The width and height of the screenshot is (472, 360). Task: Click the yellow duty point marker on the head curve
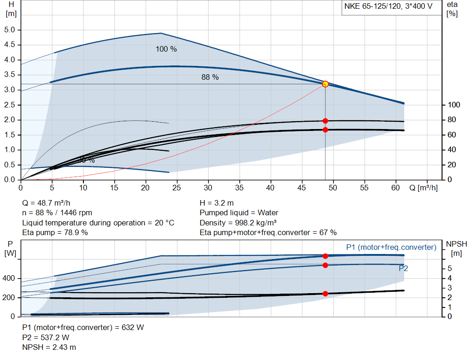coord(325,84)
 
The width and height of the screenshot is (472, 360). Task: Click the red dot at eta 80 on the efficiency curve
coord(325,121)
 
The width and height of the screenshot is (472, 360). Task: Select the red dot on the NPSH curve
coord(325,294)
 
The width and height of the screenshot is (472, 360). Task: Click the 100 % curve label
coord(166,49)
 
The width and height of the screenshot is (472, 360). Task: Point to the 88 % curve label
coord(210,77)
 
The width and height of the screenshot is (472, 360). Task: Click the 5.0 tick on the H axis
coord(10,30)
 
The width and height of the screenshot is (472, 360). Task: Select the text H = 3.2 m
coord(218,203)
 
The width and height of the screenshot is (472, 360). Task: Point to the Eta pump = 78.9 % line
coord(55,232)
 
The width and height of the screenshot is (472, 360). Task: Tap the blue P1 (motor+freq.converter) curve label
coord(391,248)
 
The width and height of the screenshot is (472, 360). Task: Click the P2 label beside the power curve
coord(403,268)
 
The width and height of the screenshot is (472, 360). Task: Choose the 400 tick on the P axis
coord(10,279)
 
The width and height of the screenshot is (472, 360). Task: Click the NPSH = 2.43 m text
coord(49,347)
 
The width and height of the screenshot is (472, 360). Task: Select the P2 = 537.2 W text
coord(49,337)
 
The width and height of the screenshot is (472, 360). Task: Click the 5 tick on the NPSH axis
coord(450,269)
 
